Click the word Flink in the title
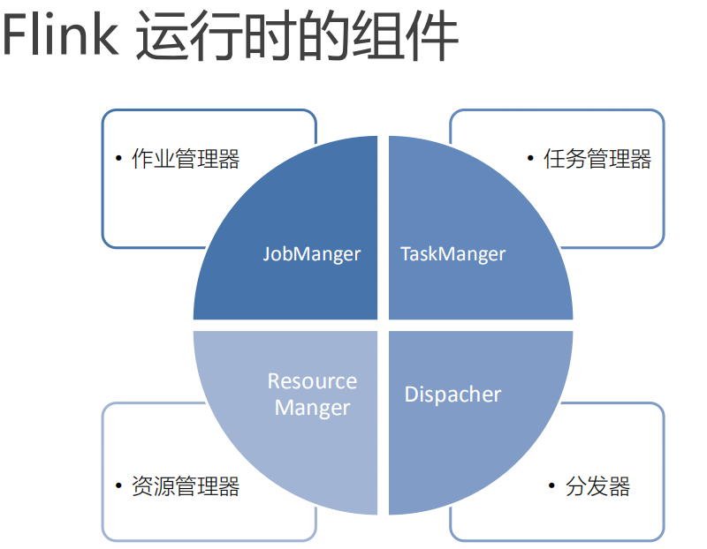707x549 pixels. [x=59, y=37]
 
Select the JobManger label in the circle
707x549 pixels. [x=311, y=254]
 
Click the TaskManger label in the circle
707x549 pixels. [x=452, y=254]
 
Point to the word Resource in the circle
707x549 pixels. [x=312, y=381]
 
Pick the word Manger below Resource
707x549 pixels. [x=312, y=408]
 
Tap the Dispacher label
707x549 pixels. [x=452, y=395]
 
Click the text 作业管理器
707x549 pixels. [x=186, y=159]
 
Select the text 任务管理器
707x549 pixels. [x=597, y=159]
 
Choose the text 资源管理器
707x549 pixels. [x=186, y=486]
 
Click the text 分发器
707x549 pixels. [x=597, y=486]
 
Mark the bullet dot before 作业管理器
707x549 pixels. [x=118, y=159]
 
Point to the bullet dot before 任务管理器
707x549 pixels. [x=530, y=159]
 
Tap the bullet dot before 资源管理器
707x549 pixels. [x=118, y=486]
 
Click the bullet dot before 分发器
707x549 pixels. [x=551, y=486]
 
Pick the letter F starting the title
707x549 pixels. [x=15, y=37]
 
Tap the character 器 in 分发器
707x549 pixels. [x=619, y=486]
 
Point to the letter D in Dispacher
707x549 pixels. [x=411, y=395]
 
